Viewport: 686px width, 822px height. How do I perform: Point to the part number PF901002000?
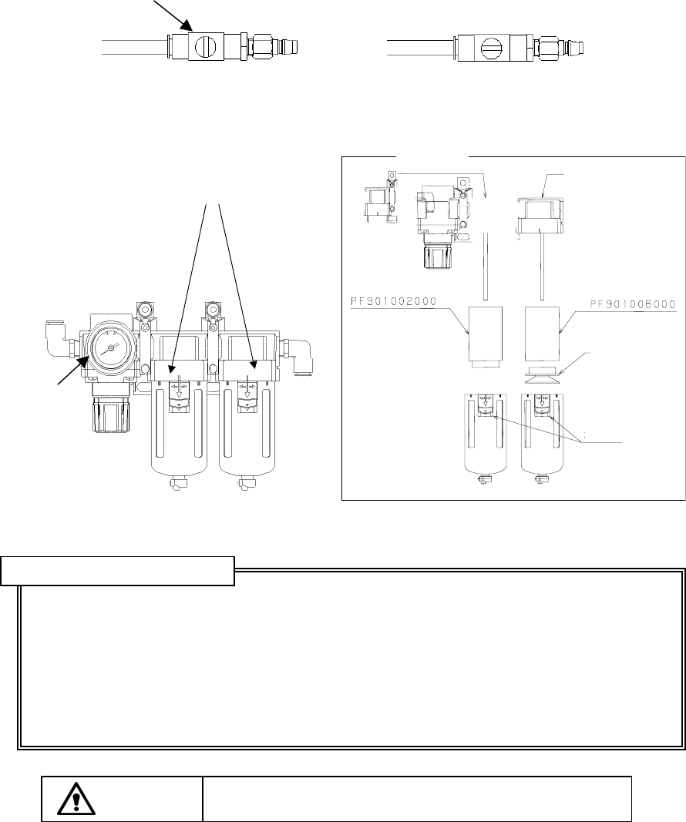click(393, 301)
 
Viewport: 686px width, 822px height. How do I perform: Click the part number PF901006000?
click(633, 304)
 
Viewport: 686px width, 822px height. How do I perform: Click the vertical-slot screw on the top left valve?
click(205, 47)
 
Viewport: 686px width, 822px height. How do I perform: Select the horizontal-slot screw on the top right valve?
click(492, 49)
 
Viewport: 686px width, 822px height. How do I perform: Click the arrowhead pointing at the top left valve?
click(188, 25)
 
